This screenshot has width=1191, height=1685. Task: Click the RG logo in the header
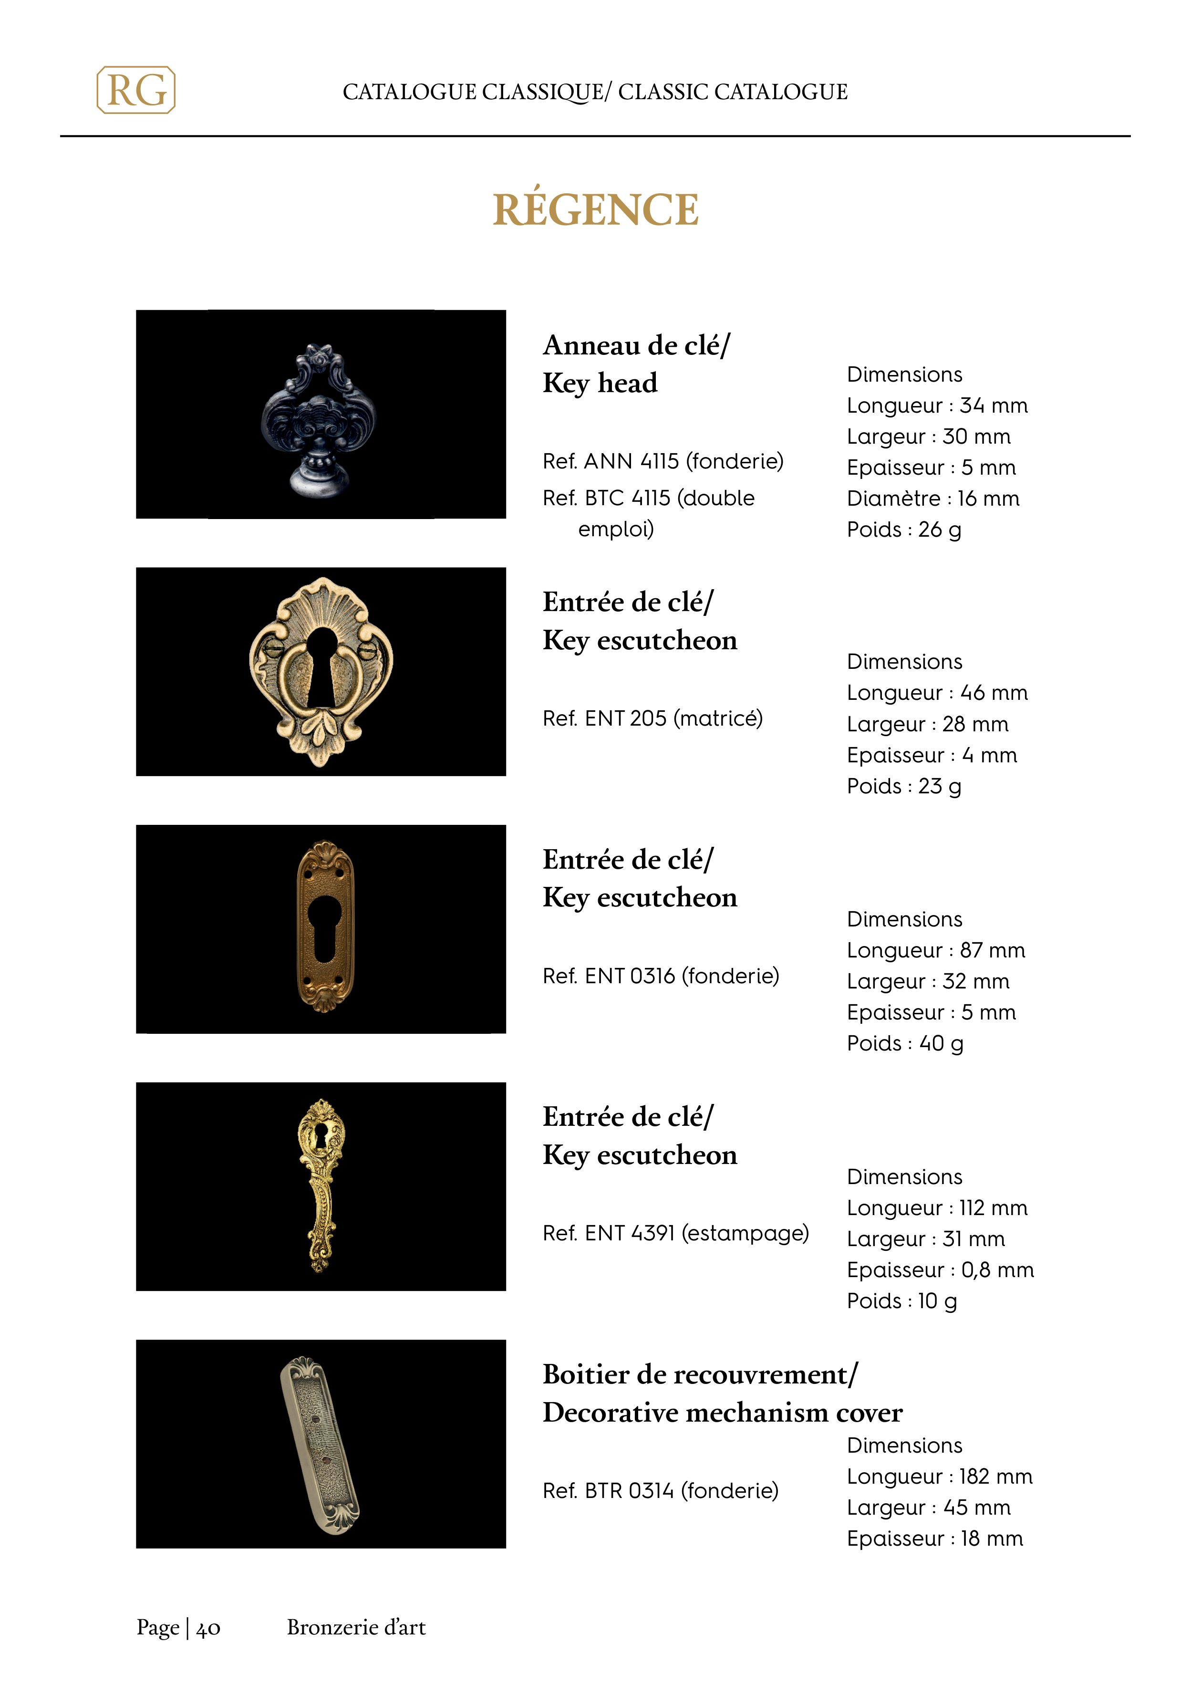[x=136, y=90]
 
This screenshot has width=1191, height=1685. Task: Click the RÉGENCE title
[x=595, y=210]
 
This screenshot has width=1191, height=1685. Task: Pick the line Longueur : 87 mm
[x=936, y=950]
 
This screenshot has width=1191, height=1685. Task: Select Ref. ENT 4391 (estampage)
[x=675, y=1233]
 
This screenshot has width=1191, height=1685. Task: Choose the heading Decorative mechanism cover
[x=722, y=1413]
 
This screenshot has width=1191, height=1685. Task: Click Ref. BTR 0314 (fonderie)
[x=661, y=1490]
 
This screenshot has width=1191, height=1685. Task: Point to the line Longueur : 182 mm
[x=939, y=1477]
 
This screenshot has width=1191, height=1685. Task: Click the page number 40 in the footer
[x=208, y=1628]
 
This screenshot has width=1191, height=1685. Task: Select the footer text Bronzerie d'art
[x=356, y=1627]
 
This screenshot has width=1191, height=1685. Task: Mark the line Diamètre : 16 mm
[x=932, y=499]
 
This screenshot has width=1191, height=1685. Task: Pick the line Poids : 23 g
[x=903, y=787]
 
